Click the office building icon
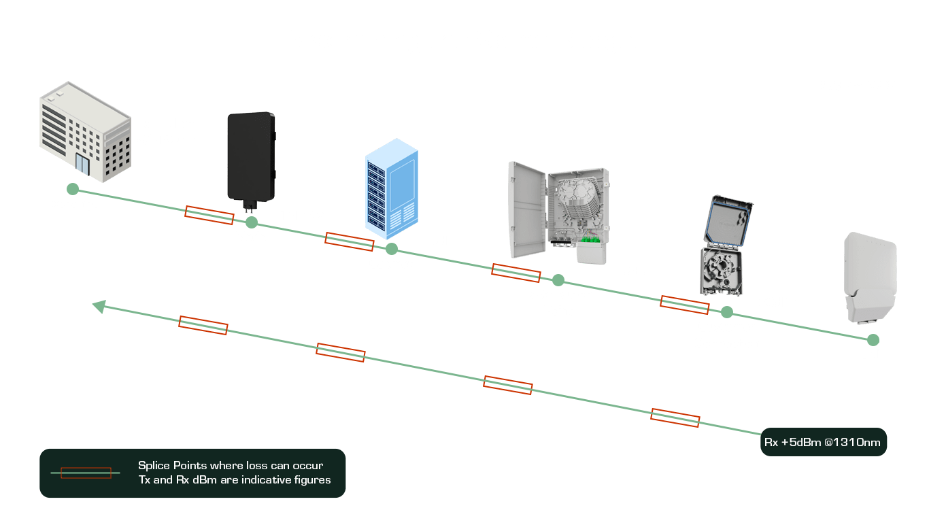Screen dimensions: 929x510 pyautogui.click(x=86, y=132)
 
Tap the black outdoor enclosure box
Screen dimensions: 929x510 pyautogui.click(x=252, y=160)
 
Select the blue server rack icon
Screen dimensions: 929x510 pyautogui.click(x=392, y=188)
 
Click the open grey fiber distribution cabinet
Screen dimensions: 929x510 pyautogui.click(x=559, y=212)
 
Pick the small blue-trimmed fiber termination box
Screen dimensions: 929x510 pyautogui.click(x=725, y=245)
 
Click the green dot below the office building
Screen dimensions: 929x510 pyautogui.click(x=73, y=189)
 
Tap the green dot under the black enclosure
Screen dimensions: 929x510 pyautogui.click(x=252, y=222)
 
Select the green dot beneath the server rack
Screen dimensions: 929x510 pyautogui.click(x=392, y=249)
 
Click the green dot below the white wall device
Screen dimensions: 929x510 pyautogui.click(x=873, y=340)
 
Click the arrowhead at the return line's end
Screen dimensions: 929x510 pyautogui.click(x=99, y=307)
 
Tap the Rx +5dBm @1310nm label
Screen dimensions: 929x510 pyautogui.click(x=823, y=442)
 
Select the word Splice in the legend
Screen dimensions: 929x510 pyautogui.click(x=154, y=466)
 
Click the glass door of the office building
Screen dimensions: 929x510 pyautogui.click(x=82, y=164)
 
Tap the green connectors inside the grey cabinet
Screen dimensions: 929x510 pyautogui.click(x=590, y=239)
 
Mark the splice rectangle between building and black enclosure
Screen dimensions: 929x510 pyautogui.click(x=209, y=215)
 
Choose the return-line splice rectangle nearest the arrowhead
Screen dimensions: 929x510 pyautogui.click(x=203, y=326)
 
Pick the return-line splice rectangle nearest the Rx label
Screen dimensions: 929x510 pyautogui.click(x=675, y=418)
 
